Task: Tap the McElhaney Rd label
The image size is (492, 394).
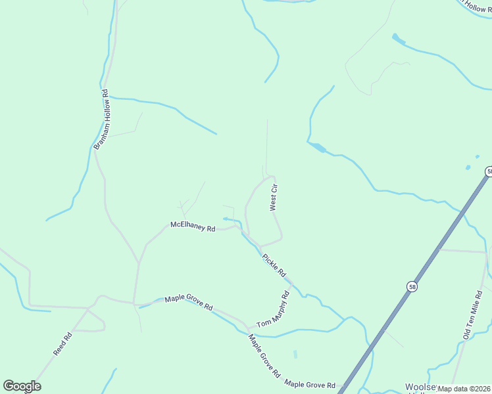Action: tap(193, 227)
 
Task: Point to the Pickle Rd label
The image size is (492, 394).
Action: tap(274, 265)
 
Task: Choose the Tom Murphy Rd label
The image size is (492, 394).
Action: tap(273, 310)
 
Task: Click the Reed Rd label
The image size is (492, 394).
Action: tap(62, 344)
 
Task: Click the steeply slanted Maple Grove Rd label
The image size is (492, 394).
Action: tap(264, 355)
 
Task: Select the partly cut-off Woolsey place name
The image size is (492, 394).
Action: tap(421, 387)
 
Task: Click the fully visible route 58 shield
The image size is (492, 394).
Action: tap(412, 286)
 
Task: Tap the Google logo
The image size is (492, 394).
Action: tap(22, 386)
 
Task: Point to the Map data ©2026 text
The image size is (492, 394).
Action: tap(464, 389)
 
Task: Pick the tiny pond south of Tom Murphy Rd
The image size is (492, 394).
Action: tap(295, 354)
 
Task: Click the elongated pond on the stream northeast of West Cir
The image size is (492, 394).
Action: tap(317, 147)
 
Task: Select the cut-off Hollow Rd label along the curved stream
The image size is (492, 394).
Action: tap(476, 6)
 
